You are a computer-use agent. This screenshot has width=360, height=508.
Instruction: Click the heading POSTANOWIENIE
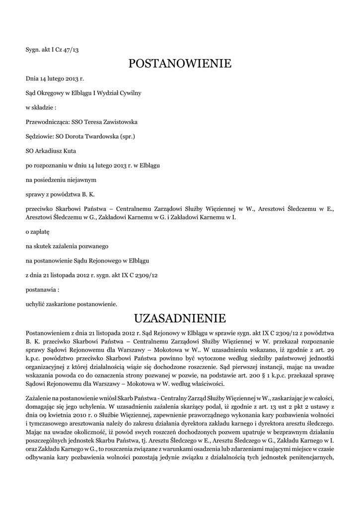coord(180,63)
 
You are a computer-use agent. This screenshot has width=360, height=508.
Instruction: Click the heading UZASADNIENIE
coord(180,317)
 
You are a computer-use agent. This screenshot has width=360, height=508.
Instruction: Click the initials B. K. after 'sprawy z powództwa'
coord(88,193)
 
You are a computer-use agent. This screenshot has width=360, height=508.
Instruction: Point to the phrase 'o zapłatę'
coord(34,232)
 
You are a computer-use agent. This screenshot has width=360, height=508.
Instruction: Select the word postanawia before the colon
coord(40,289)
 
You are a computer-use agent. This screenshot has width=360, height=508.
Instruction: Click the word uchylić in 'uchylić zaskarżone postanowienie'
coord(35,303)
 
